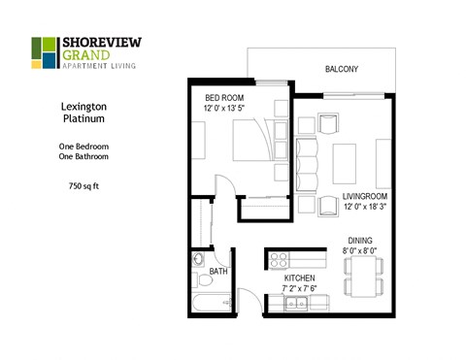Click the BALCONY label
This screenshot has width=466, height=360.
pyautogui.click(x=341, y=69)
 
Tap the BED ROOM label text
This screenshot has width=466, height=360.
pyautogui.click(x=224, y=98)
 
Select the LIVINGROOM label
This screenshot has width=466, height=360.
pyautogui.click(x=365, y=197)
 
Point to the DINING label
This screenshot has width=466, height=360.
pyautogui.click(x=360, y=240)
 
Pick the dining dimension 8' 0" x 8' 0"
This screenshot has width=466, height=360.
pyautogui.click(x=361, y=251)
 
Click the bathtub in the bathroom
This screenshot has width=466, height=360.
pyautogui.click(x=208, y=304)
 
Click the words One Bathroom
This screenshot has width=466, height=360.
pyautogui.click(x=83, y=157)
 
